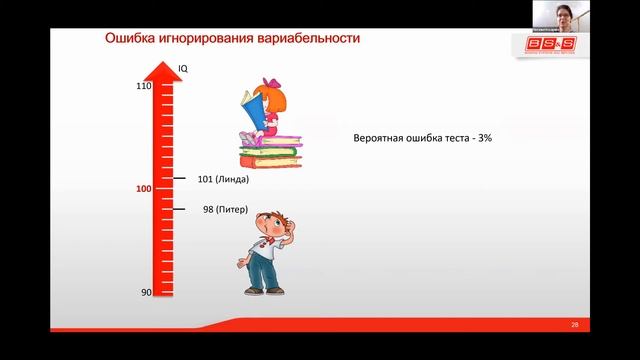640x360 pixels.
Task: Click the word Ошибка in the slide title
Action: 132,39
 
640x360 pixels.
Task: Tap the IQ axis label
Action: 183,68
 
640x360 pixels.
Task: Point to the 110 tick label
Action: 144,86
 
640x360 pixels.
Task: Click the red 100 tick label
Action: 144,189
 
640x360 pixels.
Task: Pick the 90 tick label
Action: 146,292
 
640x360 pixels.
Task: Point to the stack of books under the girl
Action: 270,151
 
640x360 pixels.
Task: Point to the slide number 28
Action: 574,325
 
